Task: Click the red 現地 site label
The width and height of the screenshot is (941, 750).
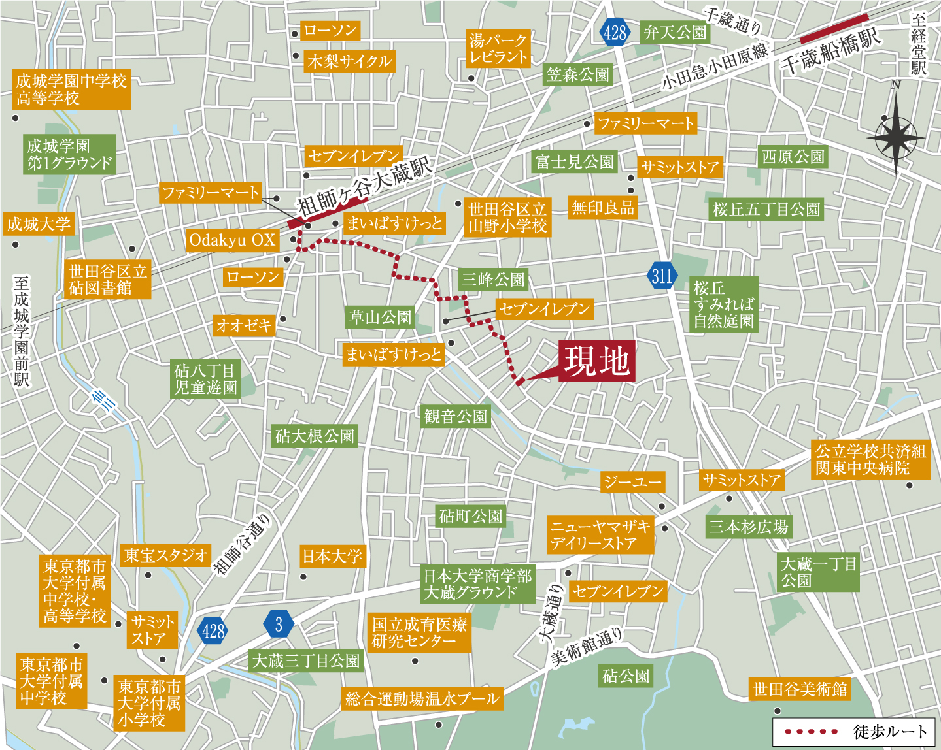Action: [x=597, y=361]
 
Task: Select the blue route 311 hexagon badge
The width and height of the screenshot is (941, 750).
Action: [x=662, y=276]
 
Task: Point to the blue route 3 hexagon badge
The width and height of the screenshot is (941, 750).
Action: [x=279, y=625]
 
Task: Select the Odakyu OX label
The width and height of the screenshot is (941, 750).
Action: [x=232, y=240]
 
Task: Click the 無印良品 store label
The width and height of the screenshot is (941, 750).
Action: [x=603, y=208]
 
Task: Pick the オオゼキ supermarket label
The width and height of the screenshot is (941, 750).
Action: [x=244, y=325]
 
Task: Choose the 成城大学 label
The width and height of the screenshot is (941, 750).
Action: [x=39, y=224]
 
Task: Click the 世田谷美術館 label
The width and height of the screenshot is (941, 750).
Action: [x=800, y=689]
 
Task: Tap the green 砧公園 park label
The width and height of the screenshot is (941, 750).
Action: [x=626, y=676]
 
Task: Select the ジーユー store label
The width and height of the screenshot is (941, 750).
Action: [x=632, y=482]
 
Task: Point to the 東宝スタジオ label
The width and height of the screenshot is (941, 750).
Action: [x=165, y=555]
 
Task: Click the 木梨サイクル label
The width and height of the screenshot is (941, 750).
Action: [x=349, y=61]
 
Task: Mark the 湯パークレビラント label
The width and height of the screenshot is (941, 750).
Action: [x=498, y=49]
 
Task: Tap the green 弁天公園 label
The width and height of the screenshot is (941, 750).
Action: [x=675, y=33]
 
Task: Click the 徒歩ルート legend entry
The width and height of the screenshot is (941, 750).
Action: [x=856, y=732]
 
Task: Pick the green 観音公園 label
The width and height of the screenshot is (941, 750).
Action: [x=456, y=416]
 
